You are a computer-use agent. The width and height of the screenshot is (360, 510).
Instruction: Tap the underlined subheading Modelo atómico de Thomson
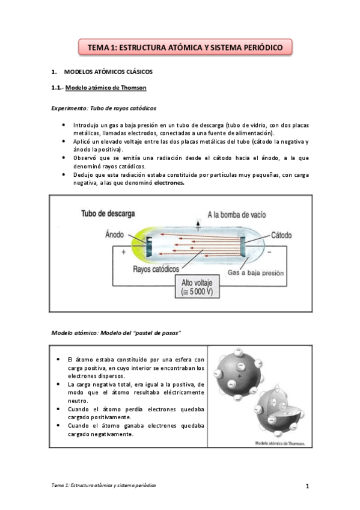(106, 88)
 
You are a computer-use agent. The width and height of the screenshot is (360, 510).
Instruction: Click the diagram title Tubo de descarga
(108, 214)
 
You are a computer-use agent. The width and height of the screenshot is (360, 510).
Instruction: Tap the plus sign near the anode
(123, 252)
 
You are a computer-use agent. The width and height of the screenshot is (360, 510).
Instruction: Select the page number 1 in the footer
(307, 485)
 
